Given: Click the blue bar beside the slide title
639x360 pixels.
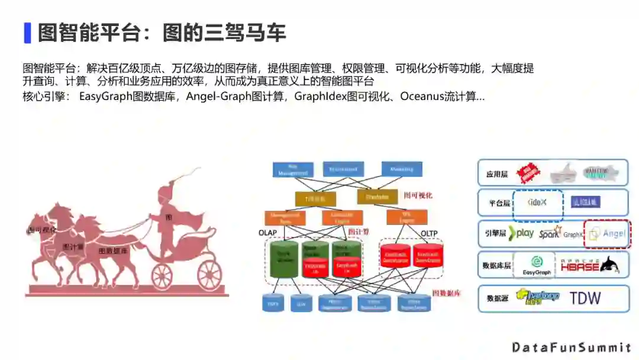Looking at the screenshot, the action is click(x=27, y=33).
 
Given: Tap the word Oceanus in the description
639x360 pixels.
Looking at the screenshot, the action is click(x=422, y=97).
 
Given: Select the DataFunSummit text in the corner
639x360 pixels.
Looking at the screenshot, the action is click(x=572, y=347).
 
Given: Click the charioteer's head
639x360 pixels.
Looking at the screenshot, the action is click(x=164, y=195).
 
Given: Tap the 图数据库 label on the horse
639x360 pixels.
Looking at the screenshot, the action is click(x=113, y=251).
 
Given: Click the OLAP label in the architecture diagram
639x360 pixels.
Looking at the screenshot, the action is click(x=267, y=233).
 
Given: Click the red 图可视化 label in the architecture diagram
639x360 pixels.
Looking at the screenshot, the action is click(x=418, y=195).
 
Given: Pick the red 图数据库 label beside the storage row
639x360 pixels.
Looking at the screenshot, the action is click(x=446, y=293).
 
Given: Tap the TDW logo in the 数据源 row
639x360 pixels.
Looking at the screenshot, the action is click(x=585, y=298).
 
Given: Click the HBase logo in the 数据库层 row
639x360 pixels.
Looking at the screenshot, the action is click(x=581, y=265).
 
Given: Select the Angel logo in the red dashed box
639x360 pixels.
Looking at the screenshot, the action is click(x=608, y=233).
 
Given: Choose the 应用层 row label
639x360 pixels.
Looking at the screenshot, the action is click(x=497, y=175).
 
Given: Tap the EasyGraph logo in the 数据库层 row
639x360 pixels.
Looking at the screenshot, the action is click(x=536, y=265).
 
